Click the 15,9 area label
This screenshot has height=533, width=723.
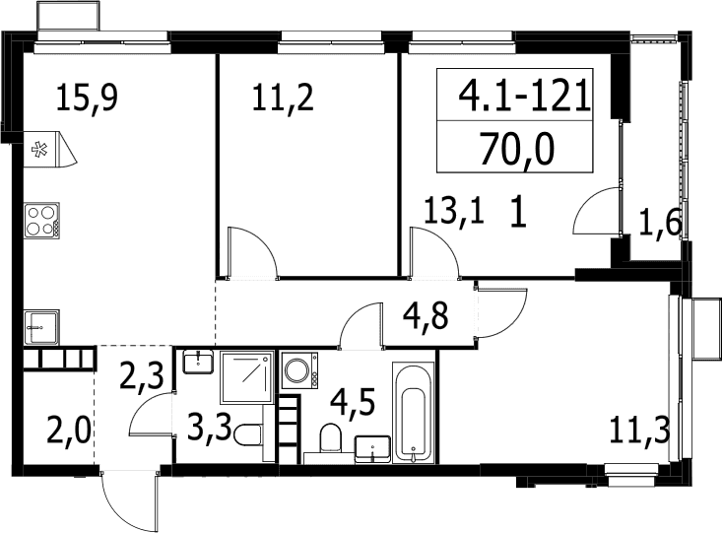click(x=87, y=98)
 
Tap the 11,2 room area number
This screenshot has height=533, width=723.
click(x=283, y=98)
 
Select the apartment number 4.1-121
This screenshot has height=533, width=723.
click(x=525, y=95)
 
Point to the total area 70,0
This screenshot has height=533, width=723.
click(x=516, y=149)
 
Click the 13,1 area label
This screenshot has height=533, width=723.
click(x=454, y=210)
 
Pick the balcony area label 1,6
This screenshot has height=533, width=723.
click(x=660, y=225)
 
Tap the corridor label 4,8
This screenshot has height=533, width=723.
click(x=426, y=316)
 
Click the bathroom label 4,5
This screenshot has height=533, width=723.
click(x=354, y=402)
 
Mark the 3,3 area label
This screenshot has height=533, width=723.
click(x=210, y=429)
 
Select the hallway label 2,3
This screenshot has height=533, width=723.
click(x=142, y=375)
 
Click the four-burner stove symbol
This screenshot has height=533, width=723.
click(x=41, y=221)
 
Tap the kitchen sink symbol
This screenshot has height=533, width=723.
click(x=41, y=327)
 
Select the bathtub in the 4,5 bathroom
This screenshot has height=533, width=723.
click(x=413, y=412)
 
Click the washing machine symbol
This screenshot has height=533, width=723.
click(x=298, y=370)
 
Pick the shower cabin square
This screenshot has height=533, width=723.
click(x=246, y=376)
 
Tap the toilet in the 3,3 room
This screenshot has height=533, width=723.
click(x=248, y=434)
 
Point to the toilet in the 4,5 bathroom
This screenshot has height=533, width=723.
click(x=330, y=437)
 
